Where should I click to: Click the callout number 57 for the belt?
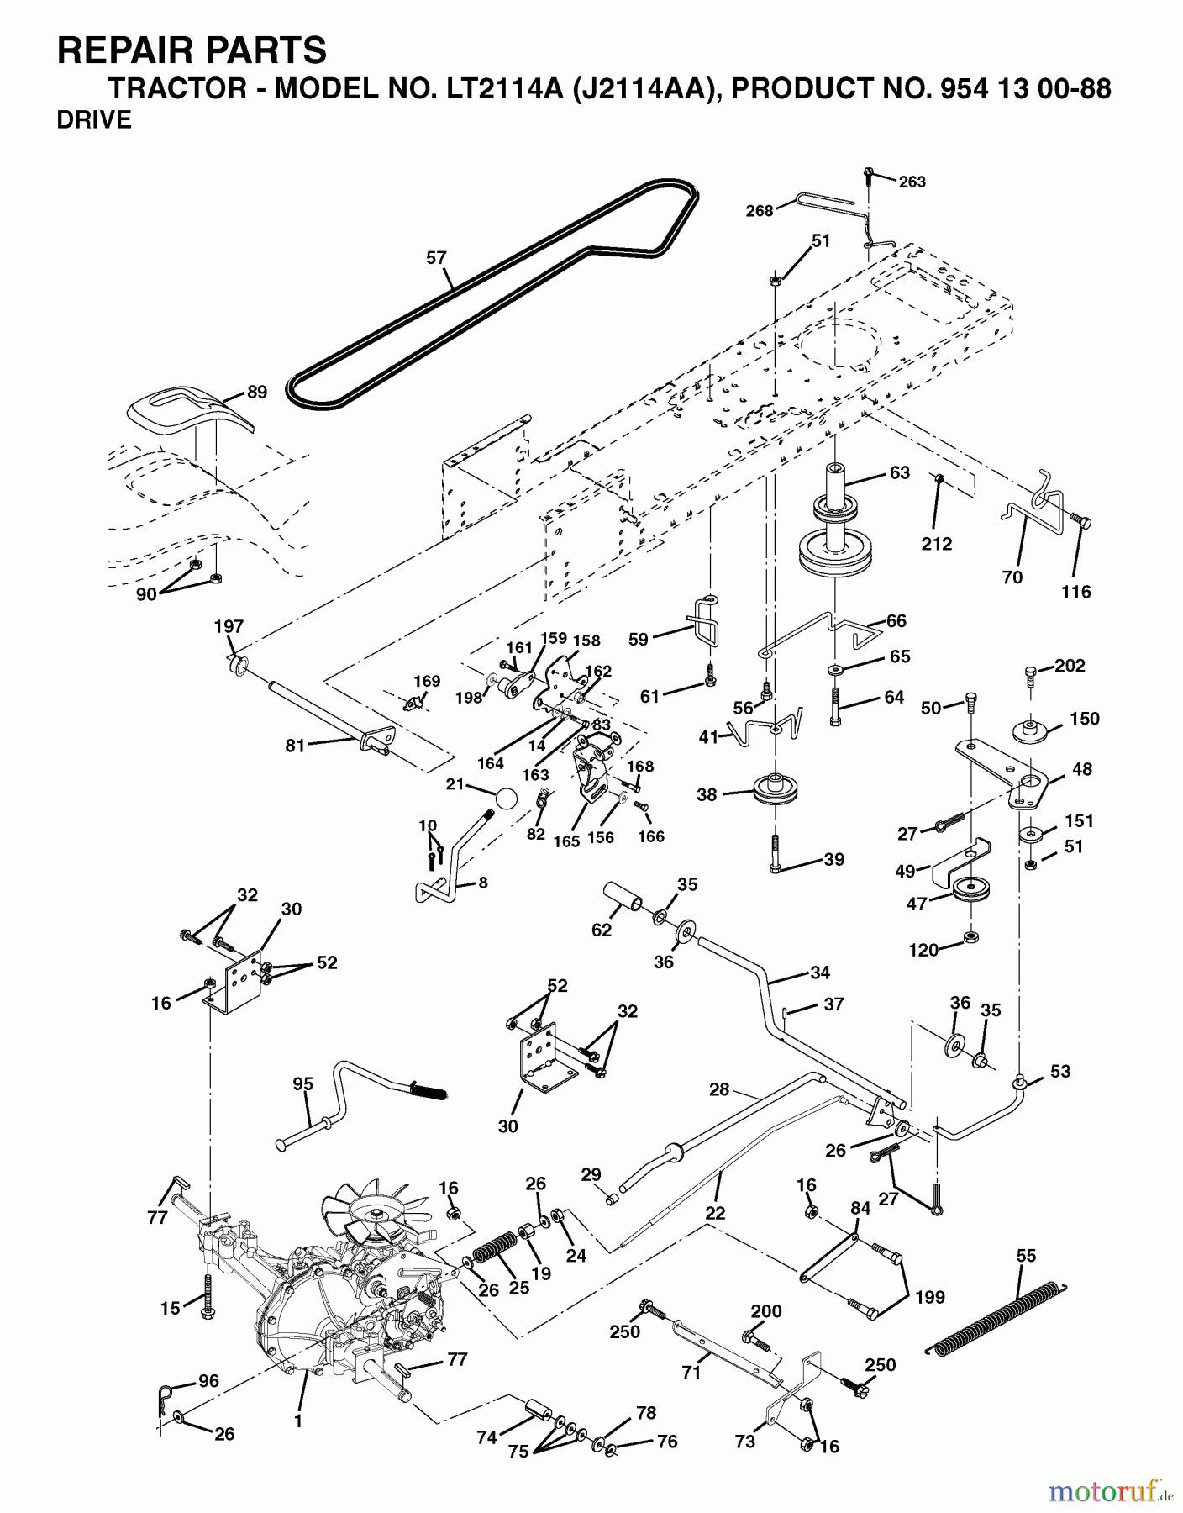436,258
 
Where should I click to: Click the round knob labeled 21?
506,798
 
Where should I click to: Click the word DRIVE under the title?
94,120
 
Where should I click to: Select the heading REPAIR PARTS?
192,50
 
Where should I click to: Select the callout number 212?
936,544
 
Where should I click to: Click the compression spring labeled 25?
495,1247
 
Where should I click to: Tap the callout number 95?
302,1084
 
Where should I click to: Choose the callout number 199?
930,1297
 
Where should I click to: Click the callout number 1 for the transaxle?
297,1422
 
